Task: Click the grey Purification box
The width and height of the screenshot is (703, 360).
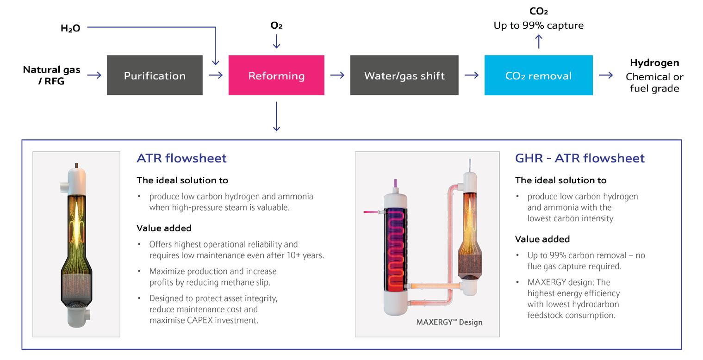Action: click(x=155, y=75)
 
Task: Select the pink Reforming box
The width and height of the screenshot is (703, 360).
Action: click(x=276, y=75)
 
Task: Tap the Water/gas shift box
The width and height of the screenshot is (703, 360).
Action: click(x=404, y=75)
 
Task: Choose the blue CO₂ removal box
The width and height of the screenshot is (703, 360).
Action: click(x=538, y=75)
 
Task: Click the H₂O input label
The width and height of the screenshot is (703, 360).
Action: click(x=70, y=28)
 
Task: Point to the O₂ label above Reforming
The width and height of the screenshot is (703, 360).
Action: click(x=276, y=25)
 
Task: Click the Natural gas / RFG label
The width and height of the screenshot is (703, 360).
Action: click(x=51, y=75)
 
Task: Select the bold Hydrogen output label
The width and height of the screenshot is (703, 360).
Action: click(x=654, y=62)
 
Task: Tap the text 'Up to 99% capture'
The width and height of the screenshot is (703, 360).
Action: click(x=538, y=25)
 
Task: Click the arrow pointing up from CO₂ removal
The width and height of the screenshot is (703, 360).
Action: click(x=538, y=42)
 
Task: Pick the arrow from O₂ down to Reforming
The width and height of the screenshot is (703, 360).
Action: click(x=276, y=42)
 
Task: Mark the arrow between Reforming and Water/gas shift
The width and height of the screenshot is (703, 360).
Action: click(x=337, y=75)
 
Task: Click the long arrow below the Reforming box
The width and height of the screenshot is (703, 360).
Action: click(x=276, y=116)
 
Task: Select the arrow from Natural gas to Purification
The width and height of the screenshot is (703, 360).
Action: click(x=94, y=75)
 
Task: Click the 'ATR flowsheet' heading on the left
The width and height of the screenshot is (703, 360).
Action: click(x=181, y=158)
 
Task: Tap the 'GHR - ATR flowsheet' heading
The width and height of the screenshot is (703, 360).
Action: click(x=579, y=158)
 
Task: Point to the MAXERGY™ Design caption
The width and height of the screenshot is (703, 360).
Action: click(x=449, y=322)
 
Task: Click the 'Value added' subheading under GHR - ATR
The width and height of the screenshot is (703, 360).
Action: click(x=542, y=239)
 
